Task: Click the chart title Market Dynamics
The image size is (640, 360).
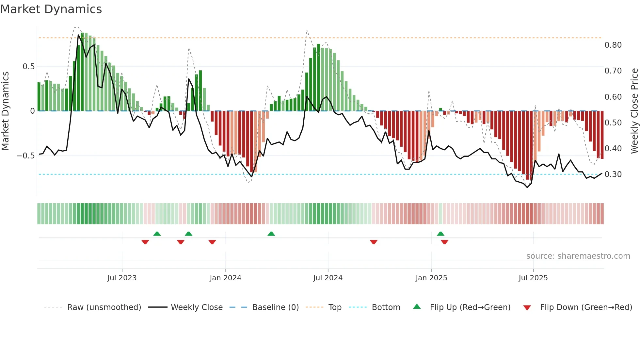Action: (51, 9)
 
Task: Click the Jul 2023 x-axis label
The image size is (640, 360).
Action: (122, 278)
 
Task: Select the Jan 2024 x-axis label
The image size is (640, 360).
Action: (225, 278)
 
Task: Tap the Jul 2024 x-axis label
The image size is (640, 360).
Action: (328, 278)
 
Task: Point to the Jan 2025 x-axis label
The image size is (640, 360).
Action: (431, 278)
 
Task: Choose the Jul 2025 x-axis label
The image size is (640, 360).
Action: (533, 278)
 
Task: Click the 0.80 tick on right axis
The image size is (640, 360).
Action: (613, 45)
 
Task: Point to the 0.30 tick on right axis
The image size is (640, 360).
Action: (613, 174)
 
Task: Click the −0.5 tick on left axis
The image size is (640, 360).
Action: (26, 156)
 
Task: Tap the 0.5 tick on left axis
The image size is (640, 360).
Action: (28, 67)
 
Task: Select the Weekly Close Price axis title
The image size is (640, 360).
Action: (634, 111)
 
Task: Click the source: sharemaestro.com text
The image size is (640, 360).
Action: (578, 256)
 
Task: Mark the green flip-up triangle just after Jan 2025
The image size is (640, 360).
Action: (440, 234)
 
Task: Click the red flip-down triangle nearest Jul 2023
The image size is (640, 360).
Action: (145, 242)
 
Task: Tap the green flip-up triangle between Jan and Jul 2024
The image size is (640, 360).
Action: (271, 234)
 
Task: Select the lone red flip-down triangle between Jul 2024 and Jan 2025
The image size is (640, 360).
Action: (374, 242)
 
